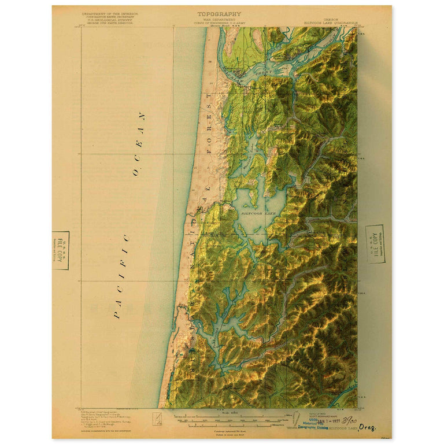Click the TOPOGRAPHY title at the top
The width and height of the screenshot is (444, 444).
tap(220, 14)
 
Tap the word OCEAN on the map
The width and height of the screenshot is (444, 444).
tap(139, 145)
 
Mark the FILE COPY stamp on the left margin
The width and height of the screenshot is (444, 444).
tap(61, 250)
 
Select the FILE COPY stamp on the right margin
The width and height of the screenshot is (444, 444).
tap(376, 242)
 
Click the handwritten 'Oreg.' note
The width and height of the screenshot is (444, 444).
tap(367, 428)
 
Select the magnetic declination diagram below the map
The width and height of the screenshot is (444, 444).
tap(155, 418)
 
